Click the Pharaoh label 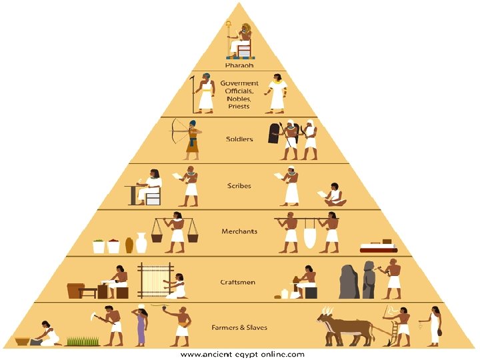[239, 65]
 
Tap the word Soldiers [239, 139]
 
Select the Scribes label [239, 186]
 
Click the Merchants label [239, 231]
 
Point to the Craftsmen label [238, 282]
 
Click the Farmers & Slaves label [239, 328]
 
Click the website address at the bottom [243, 354]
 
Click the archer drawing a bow [191, 139]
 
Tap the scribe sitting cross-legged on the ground [333, 195]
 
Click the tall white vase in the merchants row [141, 243]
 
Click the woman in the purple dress [141, 327]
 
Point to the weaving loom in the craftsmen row [155, 280]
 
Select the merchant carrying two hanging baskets [176, 231]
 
